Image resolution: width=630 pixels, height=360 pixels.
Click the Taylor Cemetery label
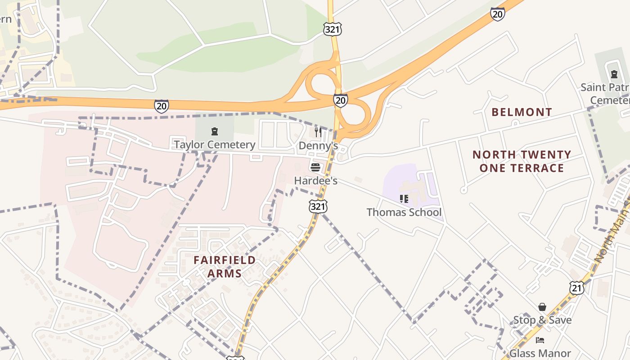tap(214, 144)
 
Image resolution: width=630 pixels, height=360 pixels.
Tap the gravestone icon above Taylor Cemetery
tap(214, 131)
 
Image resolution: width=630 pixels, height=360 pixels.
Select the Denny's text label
tap(318, 146)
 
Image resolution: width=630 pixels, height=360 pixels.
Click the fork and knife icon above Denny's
tap(318, 132)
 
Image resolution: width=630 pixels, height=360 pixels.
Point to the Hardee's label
tap(315, 181)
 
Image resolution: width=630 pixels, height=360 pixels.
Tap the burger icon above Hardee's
tap(315, 168)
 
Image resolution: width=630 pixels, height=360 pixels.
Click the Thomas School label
tap(404, 212)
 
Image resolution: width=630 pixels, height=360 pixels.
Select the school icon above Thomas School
tap(404, 198)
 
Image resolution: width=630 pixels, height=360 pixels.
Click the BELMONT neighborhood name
tap(522, 112)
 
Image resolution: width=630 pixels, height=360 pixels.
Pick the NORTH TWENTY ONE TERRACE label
tap(522, 162)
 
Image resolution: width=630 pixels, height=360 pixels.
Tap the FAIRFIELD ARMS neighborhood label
tap(225, 266)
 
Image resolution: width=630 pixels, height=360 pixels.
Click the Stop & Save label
tap(542, 320)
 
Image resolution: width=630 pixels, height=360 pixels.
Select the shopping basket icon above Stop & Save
tap(542, 307)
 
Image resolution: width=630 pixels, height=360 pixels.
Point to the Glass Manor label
tap(540, 354)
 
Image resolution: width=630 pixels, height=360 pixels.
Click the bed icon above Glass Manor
tap(540, 340)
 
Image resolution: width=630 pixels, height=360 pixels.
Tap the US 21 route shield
tap(576, 288)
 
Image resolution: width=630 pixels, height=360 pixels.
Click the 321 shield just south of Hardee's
tap(318, 207)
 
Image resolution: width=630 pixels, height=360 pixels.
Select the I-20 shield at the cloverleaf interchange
tap(341, 100)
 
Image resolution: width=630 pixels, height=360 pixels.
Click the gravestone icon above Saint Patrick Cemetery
tap(614, 74)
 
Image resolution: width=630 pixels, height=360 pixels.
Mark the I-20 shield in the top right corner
tap(497, 14)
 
